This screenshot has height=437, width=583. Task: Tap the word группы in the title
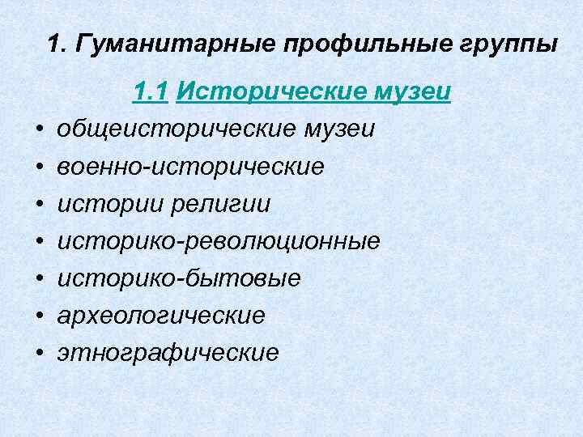click(x=508, y=44)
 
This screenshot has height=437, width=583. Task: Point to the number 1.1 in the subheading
click(x=151, y=93)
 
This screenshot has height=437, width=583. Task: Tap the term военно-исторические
click(x=191, y=167)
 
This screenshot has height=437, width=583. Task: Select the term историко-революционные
click(x=219, y=241)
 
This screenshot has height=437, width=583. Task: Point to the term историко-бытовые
click(x=179, y=278)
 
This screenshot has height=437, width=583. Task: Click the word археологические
click(x=161, y=316)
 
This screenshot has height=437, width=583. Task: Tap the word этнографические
click(x=168, y=353)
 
